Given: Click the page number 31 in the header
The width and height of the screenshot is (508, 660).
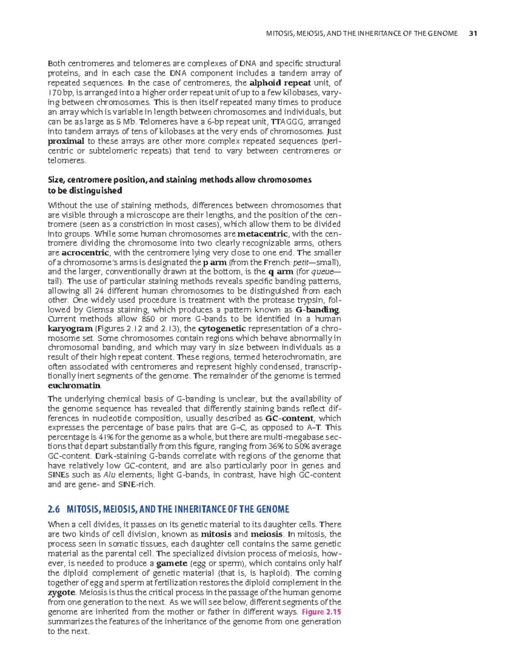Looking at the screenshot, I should (x=473, y=33).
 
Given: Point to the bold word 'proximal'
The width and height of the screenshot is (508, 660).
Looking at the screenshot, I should (x=66, y=141).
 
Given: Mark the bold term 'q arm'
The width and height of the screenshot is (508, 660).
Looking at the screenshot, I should (x=281, y=272).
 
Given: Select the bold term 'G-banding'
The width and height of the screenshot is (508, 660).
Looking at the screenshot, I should (x=317, y=310).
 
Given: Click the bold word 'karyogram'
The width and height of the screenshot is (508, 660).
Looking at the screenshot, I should (x=70, y=329).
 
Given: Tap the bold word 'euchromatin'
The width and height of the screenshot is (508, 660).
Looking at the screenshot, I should (x=75, y=385).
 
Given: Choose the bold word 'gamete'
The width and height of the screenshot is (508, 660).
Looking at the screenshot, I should (x=171, y=563).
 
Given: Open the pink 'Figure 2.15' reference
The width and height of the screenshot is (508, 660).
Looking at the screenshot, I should (x=321, y=612).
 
